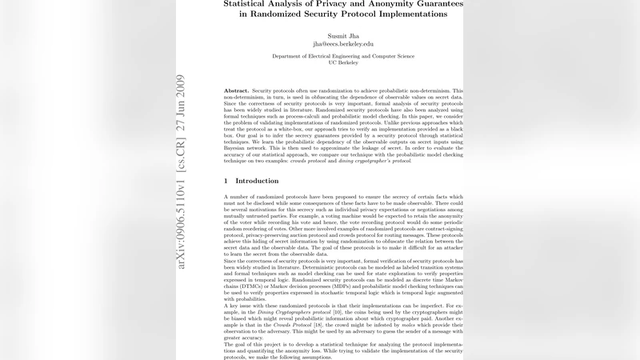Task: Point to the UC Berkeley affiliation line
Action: click(344, 63)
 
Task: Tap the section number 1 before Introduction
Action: click(226, 181)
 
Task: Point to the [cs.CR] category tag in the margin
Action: click(182, 146)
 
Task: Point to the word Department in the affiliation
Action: click(290, 57)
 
